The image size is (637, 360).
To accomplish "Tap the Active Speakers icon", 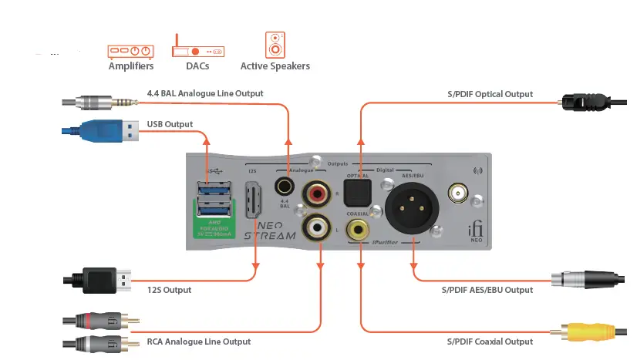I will [x=275, y=45].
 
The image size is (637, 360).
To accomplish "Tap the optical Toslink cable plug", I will [x=581, y=102].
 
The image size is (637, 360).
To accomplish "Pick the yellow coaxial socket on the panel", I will [x=357, y=228].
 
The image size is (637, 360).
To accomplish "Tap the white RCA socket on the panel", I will [x=318, y=228].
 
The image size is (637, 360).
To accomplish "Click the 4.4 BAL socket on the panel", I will [x=285, y=187].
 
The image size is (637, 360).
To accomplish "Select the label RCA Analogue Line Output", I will [x=199, y=341].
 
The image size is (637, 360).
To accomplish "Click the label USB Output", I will [x=170, y=124].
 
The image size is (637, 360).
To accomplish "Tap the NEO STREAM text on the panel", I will [x=269, y=230].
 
